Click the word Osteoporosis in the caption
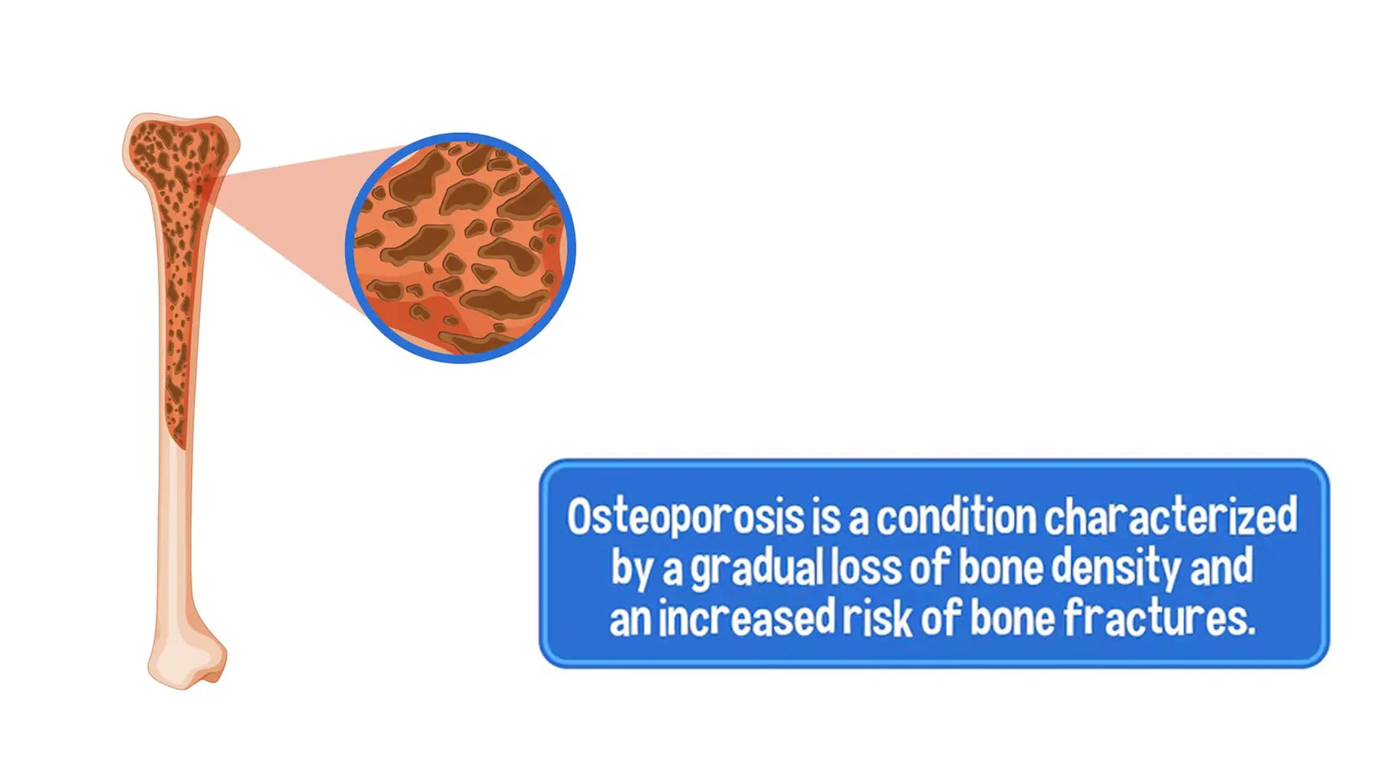685,517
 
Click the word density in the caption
1117,568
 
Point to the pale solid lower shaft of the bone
176,534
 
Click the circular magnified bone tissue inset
460,247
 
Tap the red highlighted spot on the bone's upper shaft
206,187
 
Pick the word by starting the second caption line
631,568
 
